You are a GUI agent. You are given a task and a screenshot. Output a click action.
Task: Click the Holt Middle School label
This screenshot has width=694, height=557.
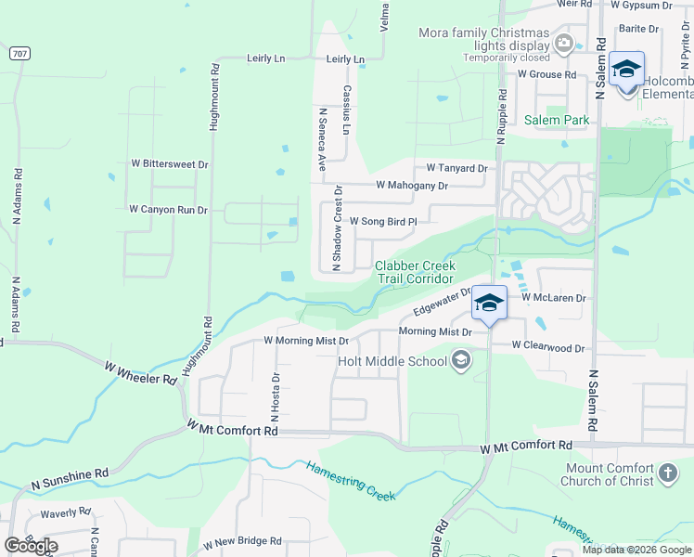(x=392, y=361)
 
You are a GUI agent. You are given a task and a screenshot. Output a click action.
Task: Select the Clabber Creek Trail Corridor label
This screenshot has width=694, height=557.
(x=414, y=272)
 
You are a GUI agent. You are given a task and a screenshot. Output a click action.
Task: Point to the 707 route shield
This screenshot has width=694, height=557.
(x=19, y=54)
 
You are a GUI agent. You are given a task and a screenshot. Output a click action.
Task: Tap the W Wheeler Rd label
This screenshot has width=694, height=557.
(x=141, y=373)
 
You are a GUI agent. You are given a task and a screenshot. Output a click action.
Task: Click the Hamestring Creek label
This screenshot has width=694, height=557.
(x=352, y=481)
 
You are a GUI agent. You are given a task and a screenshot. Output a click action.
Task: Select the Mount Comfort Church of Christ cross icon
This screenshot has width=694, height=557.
(x=667, y=475)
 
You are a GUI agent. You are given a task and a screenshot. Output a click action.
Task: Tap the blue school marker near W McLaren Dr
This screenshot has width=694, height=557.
(x=489, y=303)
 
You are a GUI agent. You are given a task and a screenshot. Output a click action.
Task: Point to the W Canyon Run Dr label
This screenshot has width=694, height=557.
(x=168, y=210)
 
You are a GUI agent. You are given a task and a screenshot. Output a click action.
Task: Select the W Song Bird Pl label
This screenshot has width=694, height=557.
(x=382, y=222)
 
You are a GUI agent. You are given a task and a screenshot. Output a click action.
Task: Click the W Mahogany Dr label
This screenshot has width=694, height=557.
(x=411, y=185)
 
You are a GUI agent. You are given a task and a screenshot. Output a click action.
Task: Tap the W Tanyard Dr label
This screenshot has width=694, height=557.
(x=456, y=168)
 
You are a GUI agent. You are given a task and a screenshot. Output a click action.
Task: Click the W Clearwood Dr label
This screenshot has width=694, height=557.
(x=549, y=348)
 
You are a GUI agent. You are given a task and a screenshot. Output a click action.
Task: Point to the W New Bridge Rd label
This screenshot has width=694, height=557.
(x=242, y=540)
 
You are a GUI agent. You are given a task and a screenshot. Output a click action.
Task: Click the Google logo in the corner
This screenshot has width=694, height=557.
(x=31, y=546)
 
